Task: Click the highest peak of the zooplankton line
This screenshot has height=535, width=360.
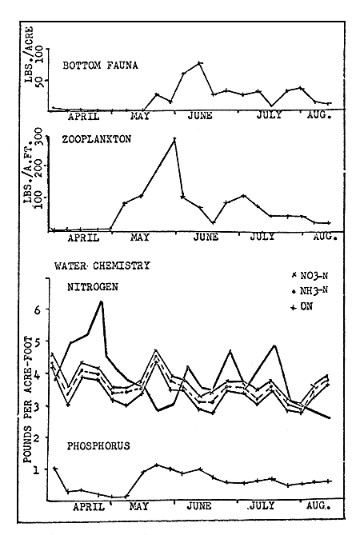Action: [174, 138]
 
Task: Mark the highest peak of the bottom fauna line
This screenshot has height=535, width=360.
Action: [199, 62]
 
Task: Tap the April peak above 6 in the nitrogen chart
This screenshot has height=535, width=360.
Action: [102, 301]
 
